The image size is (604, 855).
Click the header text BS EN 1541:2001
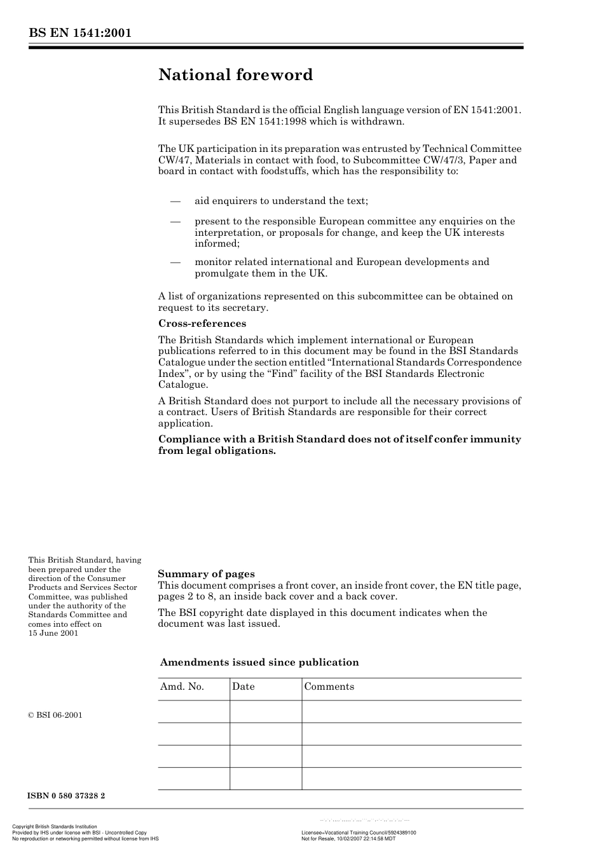click(79, 33)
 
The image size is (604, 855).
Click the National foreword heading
click(235, 75)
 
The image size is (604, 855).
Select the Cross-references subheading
click(202, 324)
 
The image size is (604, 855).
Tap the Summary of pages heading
click(206, 574)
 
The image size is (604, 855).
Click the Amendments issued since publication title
click(259, 662)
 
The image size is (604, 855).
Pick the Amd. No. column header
click(182, 687)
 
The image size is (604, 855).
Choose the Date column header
click(243, 687)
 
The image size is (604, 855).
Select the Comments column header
click(329, 687)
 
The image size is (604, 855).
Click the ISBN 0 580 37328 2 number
click(67, 796)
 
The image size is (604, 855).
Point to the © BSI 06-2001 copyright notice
click(55, 715)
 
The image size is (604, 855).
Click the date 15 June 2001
click(53, 633)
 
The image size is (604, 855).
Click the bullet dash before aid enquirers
click(176, 202)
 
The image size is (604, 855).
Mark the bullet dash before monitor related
click(176, 263)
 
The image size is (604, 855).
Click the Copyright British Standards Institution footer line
click(55, 827)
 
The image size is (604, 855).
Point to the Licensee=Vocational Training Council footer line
click(359, 833)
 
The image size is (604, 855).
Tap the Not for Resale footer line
click(348, 838)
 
